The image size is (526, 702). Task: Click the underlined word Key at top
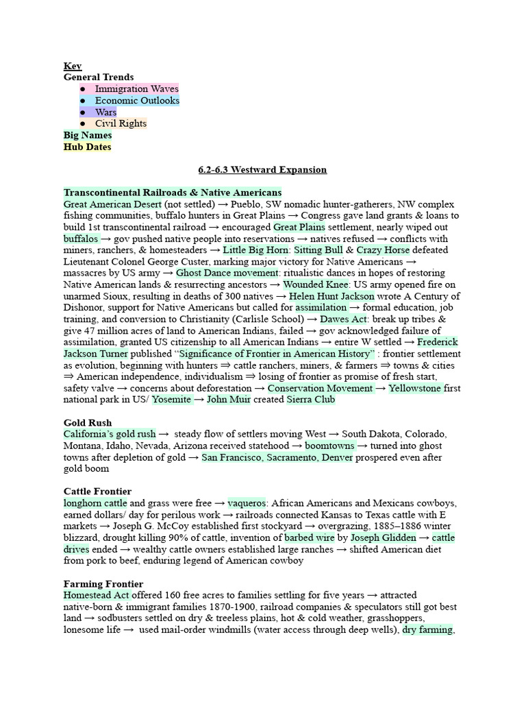click(73, 66)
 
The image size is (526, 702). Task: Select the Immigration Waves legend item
click(136, 88)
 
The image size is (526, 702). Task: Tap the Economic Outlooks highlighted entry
click(137, 100)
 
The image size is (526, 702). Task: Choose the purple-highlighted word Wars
click(105, 112)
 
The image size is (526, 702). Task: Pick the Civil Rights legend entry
click(121, 123)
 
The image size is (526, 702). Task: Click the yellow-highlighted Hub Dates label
click(87, 147)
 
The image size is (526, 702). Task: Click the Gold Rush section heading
click(88, 422)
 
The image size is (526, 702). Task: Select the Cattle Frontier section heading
click(97, 492)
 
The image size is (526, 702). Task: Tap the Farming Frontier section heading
click(103, 583)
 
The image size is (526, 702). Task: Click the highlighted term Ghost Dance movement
click(217, 273)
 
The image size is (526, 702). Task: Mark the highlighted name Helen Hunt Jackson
click(331, 296)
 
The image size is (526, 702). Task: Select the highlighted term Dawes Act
click(344, 319)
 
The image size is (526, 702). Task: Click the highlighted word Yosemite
click(172, 399)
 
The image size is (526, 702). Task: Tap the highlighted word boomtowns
click(329, 446)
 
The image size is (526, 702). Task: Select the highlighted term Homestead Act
click(96, 595)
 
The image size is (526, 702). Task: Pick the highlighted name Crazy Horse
click(383, 250)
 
